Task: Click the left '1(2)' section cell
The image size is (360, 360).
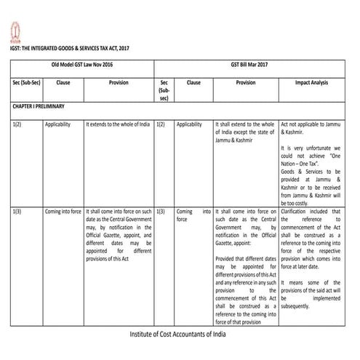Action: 16,124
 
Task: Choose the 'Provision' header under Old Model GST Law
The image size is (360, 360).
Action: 119,83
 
